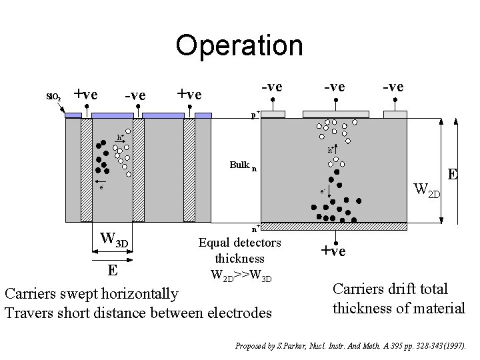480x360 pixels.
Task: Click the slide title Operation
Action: (239, 45)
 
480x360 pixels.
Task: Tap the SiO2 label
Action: (53, 97)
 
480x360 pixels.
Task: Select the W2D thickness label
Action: (427, 191)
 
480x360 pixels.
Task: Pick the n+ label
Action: (255, 227)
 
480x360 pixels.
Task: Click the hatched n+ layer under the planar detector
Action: (333, 227)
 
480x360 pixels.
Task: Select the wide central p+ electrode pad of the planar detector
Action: (336, 114)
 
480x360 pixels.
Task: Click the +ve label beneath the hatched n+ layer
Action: (333, 251)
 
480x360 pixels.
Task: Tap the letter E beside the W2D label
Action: (453, 175)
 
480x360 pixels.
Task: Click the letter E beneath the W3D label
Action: (113, 270)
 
